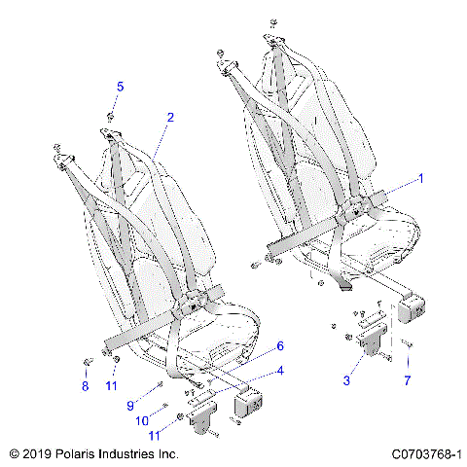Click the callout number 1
[x=420, y=178]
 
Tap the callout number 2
[x=170, y=118]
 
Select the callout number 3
[x=345, y=380]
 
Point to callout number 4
[x=280, y=369]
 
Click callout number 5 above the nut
[x=120, y=87]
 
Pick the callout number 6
[x=280, y=345]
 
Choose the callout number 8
[x=85, y=386]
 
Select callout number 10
[x=143, y=419]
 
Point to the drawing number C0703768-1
[x=425, y=454]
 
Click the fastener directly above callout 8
[x=88, y=363]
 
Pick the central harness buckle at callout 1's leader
[x=371, y=206]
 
